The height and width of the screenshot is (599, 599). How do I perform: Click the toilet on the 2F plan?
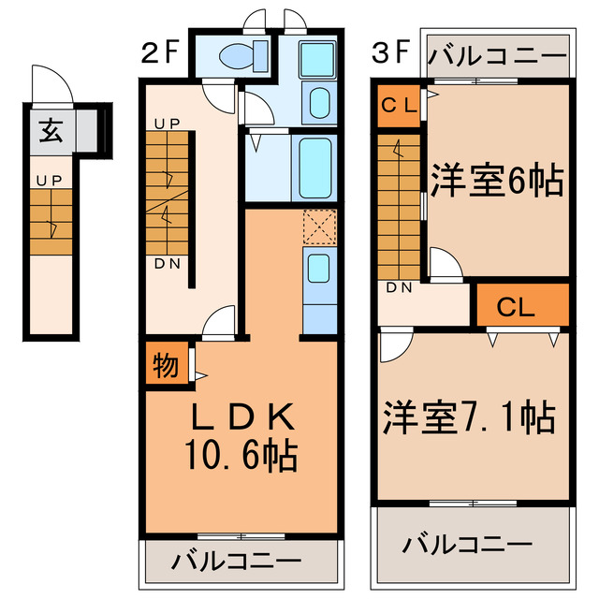coord(243,57)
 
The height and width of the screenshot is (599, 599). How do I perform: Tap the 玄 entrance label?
coord(51,130)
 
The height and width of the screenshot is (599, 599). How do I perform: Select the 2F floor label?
coord(160,52)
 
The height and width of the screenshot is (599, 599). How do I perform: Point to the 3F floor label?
coord(391,52)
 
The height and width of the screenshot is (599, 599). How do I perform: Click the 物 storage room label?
coord(166,365)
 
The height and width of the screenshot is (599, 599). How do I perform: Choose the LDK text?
coord(243,416)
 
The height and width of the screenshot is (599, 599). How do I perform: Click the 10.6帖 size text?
coord(241,455)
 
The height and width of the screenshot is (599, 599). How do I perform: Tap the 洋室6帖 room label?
coord(497,181)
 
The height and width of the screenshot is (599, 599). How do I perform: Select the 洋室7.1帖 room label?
coord(469,417)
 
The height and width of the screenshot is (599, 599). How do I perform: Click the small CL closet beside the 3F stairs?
coord(399,106)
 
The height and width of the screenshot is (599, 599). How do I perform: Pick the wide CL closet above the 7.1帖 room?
coord(522,305)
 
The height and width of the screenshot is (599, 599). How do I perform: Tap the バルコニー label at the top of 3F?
coord(497,56)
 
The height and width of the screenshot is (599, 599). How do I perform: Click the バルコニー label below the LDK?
coord(236,562)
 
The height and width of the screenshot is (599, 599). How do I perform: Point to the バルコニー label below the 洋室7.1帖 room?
coord(467,544)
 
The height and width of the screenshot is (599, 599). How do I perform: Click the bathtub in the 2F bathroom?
coord(315,168)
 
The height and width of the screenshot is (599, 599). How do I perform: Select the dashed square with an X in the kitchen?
coord(320,226)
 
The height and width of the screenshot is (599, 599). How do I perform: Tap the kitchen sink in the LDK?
coord(318,269)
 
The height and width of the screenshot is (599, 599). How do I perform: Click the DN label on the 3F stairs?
coord(400,287)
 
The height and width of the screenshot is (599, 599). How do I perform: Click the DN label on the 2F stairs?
coord(168,264)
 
